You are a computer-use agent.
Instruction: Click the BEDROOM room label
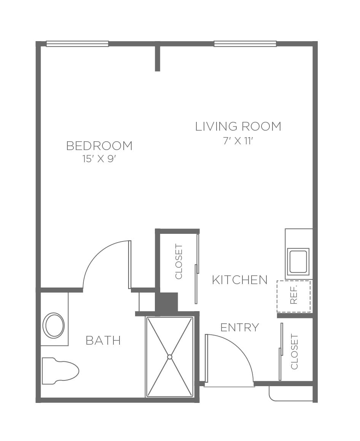coord(99,146)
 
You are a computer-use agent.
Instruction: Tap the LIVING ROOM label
coord(238,126)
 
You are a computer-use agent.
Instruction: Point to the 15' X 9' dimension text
coord(99,159)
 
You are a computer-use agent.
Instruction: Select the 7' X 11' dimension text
coord(238,141)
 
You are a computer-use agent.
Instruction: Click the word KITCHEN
coord(240,280)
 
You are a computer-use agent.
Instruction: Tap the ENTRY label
coord(240,328)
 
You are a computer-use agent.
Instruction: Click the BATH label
coord(103,340)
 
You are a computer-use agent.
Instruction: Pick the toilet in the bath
coord(60,371)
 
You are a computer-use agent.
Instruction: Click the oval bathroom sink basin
coord(53,326)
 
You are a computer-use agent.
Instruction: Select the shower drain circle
coord(169,356)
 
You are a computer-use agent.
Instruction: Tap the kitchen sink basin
coord(298,261)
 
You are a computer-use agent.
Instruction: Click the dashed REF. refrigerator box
coord(294,296)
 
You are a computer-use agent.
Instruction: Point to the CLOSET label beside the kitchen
coord(179,262)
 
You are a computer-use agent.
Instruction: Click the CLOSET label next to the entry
coord(294,352)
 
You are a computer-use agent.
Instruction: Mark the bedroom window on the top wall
coord(77,43)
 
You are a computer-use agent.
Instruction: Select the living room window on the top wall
coord(245,43)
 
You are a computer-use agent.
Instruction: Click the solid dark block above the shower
coord(167,302)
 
